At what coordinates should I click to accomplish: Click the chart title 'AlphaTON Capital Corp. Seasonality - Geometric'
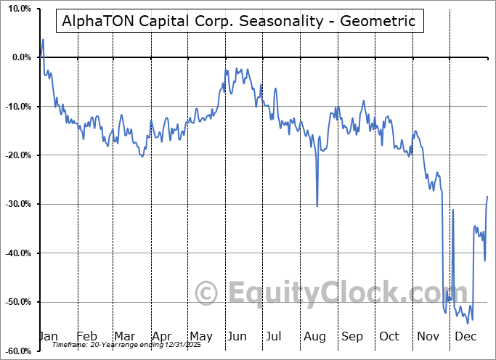[239, 21]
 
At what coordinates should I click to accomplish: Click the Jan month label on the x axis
[47, 336]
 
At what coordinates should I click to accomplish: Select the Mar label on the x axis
[124, 336]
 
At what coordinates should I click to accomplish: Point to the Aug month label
[314, 336]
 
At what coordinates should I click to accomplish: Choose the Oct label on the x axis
[390, 336]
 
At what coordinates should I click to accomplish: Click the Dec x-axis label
[465, 336]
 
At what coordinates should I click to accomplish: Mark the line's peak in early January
[43, 39]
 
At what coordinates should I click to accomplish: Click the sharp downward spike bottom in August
[317, 206]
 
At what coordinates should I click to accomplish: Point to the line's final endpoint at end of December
[487, 197]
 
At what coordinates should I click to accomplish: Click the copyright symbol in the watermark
[208, 293]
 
